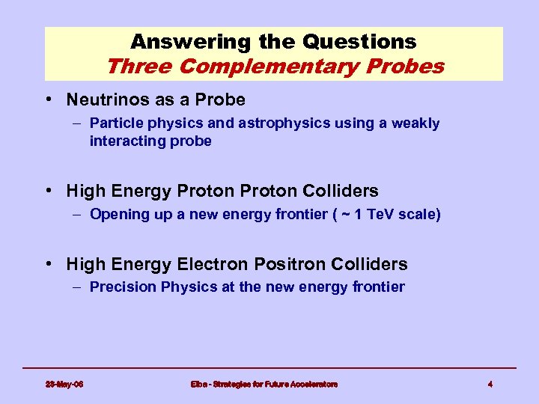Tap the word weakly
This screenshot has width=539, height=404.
416,123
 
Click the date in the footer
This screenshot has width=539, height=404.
64,384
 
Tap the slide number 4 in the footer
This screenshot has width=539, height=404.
490,384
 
